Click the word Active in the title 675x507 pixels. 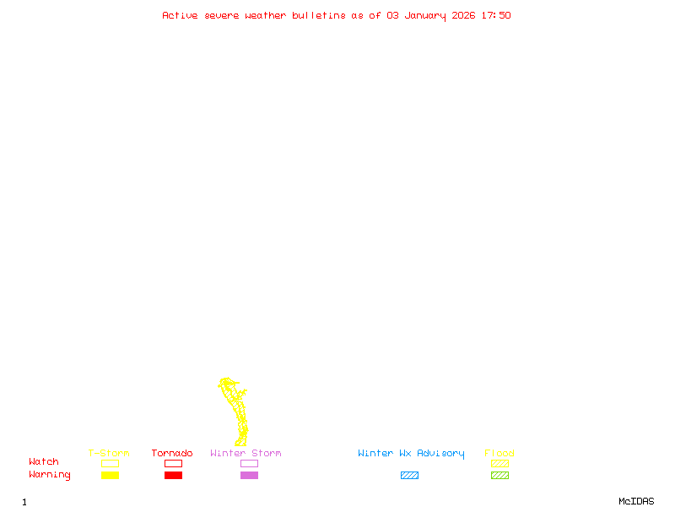(181, 15)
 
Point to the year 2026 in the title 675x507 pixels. (463, 15)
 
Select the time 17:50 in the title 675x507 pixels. (496, 15)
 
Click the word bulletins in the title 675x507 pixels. (319, 15)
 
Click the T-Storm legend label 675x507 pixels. (109, 454)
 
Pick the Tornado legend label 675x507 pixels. (172, 454)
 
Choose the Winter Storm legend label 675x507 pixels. (246, 454)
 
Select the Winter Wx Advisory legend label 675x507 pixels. (411, 454)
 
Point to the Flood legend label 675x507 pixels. (499, 454)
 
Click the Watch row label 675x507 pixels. (44, 462)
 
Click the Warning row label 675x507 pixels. (50, 475)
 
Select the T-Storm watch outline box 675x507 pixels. (110, 463)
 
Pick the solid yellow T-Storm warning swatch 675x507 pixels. (110, 475)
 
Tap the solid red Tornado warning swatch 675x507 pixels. (173, 475)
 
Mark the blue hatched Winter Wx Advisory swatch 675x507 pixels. (409, 475)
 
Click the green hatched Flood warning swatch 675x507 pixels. (499, 475)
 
